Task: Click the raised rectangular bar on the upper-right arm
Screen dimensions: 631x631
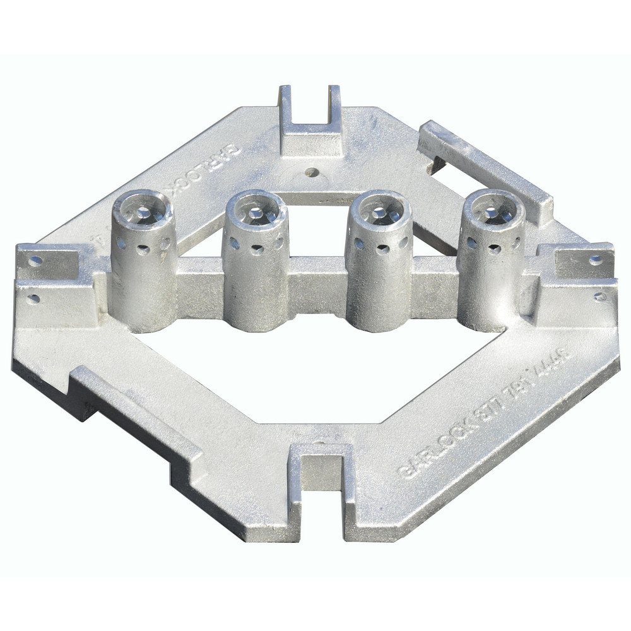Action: pos(486,167)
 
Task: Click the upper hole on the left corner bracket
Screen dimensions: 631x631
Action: pos(35,260)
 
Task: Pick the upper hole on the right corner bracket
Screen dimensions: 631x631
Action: pos(595,259)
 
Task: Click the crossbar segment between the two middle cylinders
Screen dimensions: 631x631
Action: pos(317,284)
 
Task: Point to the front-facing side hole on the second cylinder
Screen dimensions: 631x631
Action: pos(257,249)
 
